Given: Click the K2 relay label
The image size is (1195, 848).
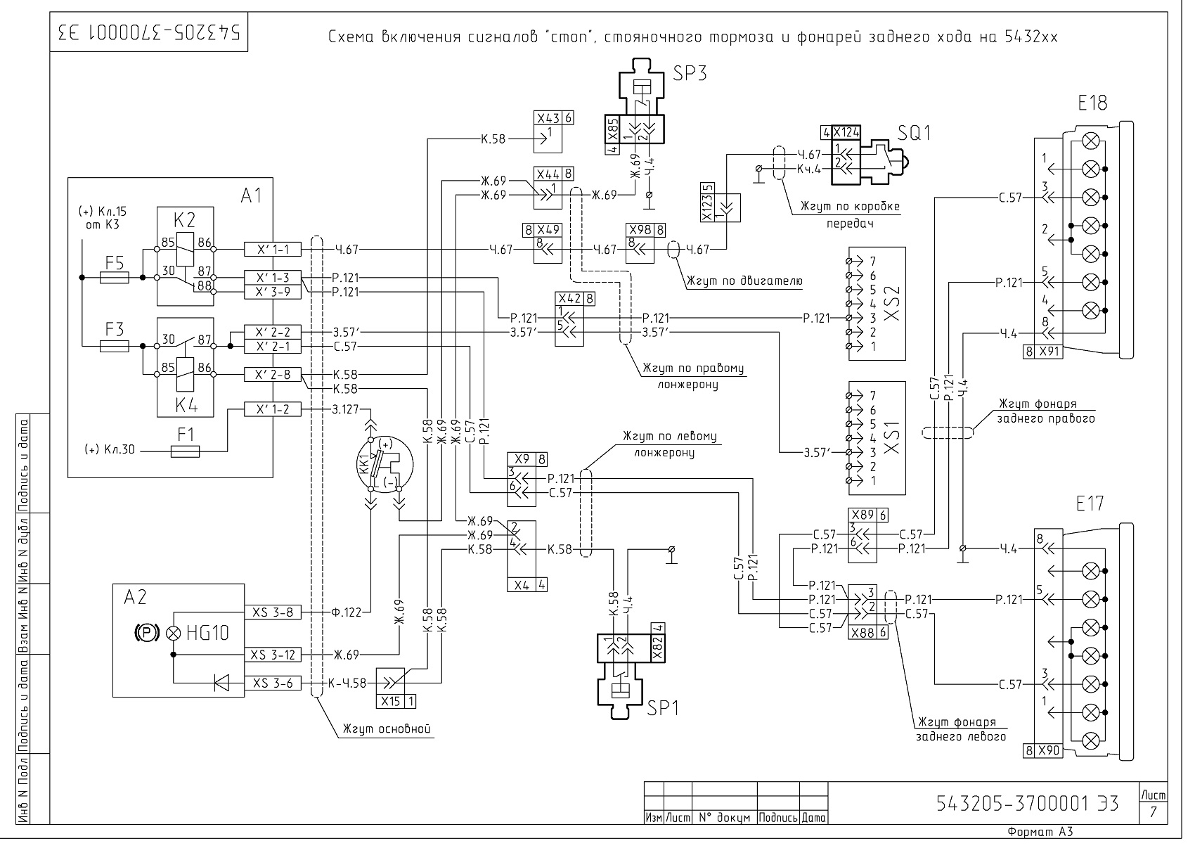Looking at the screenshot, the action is click(x=185, y=220).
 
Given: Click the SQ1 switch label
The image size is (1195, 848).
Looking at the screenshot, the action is click(x=914, y=133).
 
